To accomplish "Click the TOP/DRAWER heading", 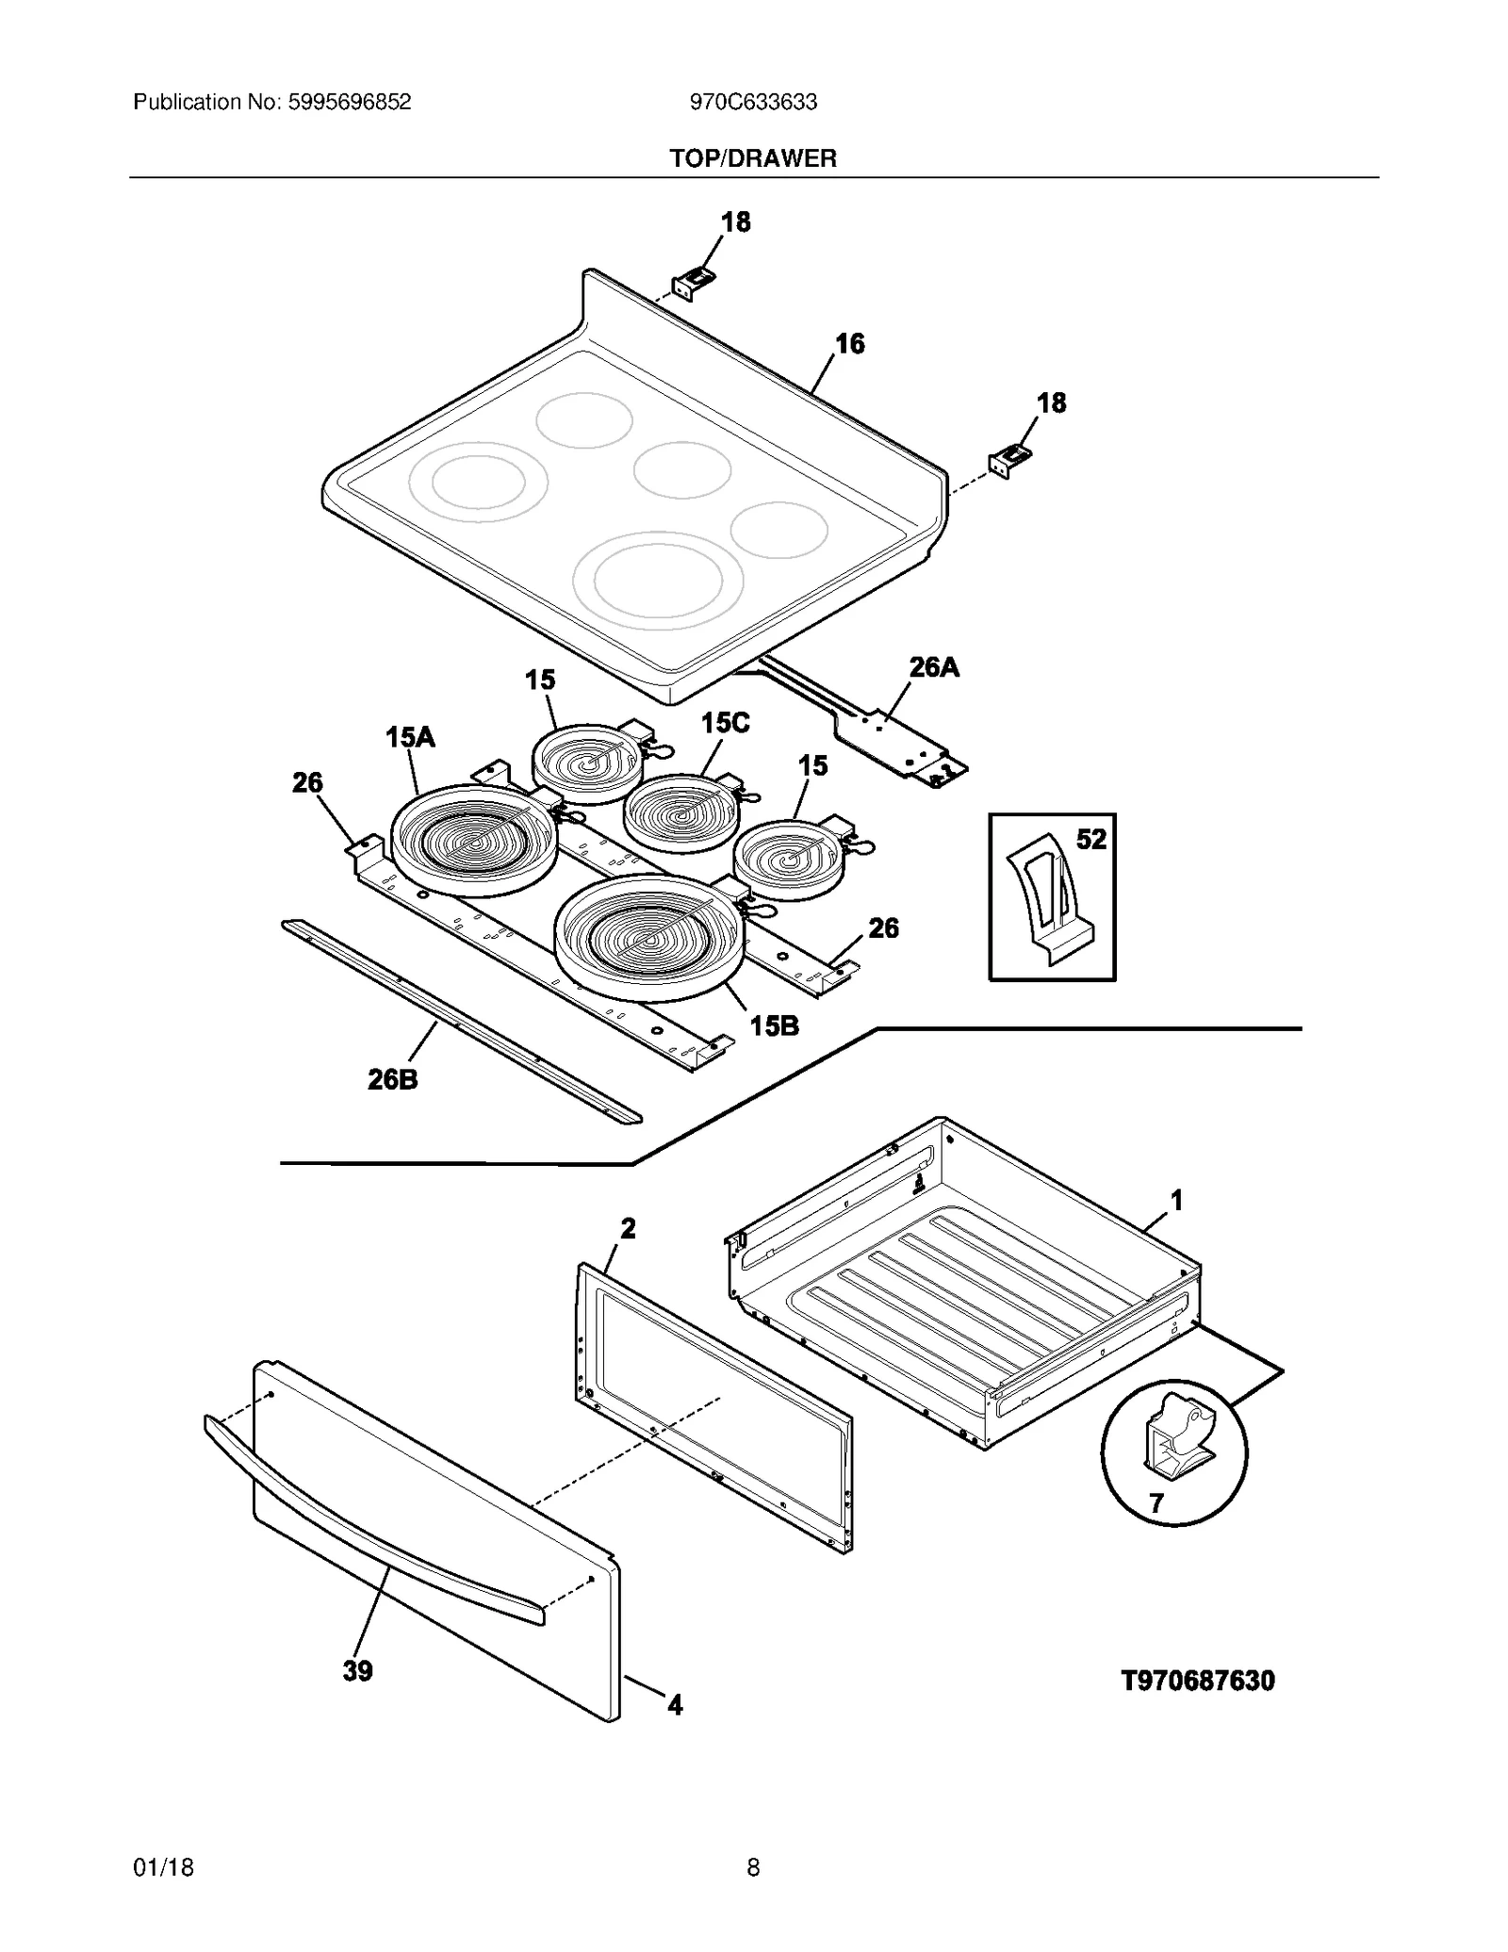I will (x=752, y=158).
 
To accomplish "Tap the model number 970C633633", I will (x=752, y=102).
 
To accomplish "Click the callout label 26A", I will (x=933, y=667).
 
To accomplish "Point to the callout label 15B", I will (x=774, y=1025).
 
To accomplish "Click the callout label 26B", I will (x=392, y=1079).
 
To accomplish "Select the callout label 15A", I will (x=410, y=737).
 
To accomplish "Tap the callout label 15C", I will (x=725, y=723).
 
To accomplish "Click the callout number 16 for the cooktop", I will (x=849, y=344).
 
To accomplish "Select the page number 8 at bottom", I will (x=752, y=1867).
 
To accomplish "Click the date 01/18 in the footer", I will (x=163, y=1867).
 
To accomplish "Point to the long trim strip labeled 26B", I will (x=462, y=1023).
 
